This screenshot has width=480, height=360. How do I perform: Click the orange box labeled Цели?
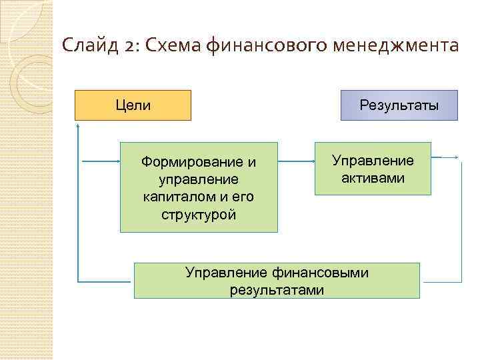[x=133, y=105]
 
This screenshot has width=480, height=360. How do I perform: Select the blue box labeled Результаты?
[x=399, y=105]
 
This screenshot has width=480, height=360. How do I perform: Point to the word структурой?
[x=199, y=215]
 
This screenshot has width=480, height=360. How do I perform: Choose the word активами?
[x=373, y=178]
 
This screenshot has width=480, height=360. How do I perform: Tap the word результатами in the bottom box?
[x=277, y=289]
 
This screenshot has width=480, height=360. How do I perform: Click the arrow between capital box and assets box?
[x=296, y=161]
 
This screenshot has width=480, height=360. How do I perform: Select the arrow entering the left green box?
[x=100, y=161]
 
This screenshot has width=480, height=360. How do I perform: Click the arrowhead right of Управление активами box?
[x=456, y=157]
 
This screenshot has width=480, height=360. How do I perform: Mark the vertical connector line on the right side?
[x=461, y=220]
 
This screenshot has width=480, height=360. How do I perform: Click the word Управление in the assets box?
[x=373, y=161]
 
